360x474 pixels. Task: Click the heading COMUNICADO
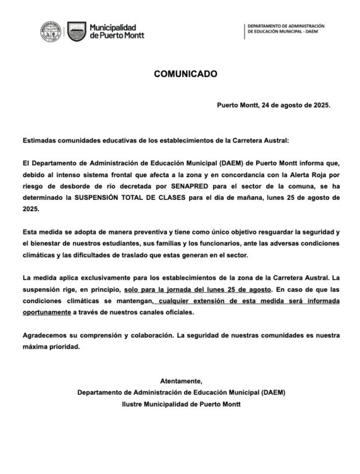click(185, 73)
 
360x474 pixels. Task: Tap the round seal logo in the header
click(51, 31)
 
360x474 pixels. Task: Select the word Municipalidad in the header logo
click(113, 27)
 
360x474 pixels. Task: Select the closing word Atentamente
click(180, 381)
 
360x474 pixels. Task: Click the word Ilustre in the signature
click(134, 404)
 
